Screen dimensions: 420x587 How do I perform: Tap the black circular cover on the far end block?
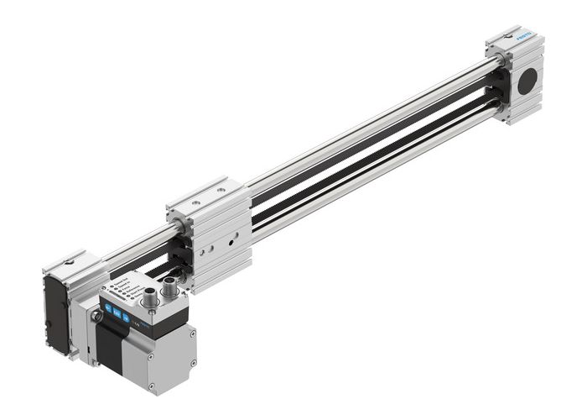point(527,81)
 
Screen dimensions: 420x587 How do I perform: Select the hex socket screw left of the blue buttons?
point(98,316)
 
